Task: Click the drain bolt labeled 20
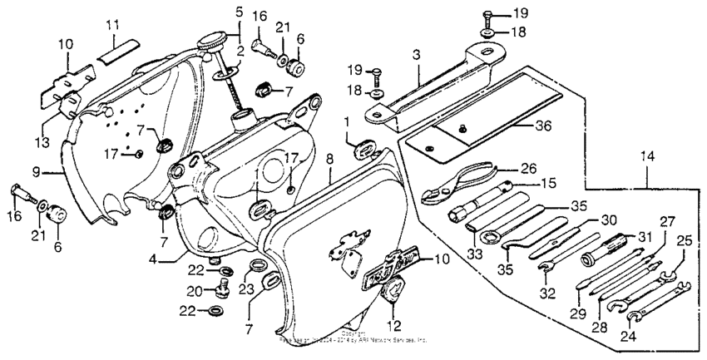tap(221, 289)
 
